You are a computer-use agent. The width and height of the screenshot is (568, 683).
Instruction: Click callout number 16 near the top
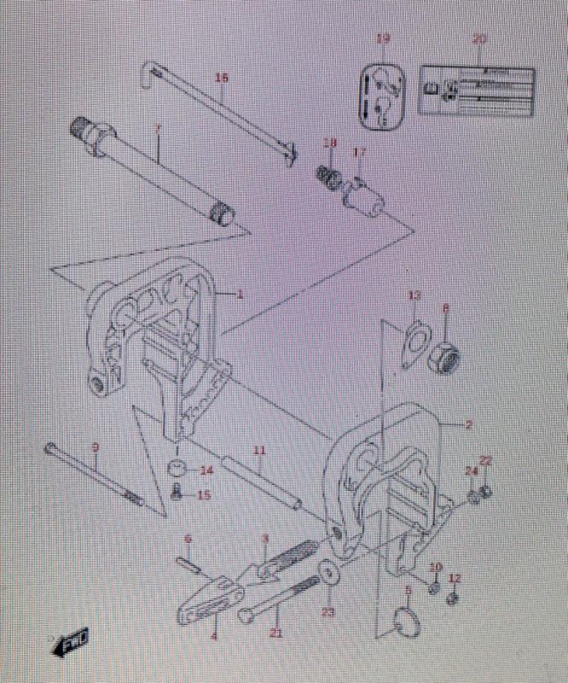[222, 78]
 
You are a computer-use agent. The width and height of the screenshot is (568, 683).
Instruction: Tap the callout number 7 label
[158, 128]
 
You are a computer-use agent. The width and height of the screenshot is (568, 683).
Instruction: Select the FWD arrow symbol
[72, 641]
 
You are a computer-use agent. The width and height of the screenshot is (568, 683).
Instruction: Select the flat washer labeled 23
[328, 572]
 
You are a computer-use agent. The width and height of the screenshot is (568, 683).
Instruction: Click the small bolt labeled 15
[177, 493]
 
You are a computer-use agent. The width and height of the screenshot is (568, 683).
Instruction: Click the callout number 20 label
[479, 39]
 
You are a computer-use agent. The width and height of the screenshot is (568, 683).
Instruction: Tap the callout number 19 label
[383, 38]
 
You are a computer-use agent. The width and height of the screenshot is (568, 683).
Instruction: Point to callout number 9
[96, 447]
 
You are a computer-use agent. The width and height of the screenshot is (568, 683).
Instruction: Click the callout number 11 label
[259, 450]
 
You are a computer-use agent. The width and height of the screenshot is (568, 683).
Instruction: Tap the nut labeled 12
[454, 598]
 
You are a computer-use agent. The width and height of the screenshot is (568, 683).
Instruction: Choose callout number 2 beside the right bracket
[468, 424]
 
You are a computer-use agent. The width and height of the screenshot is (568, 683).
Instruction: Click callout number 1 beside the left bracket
[240, 295]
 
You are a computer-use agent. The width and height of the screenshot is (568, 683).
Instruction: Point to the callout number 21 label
[275, 633]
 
